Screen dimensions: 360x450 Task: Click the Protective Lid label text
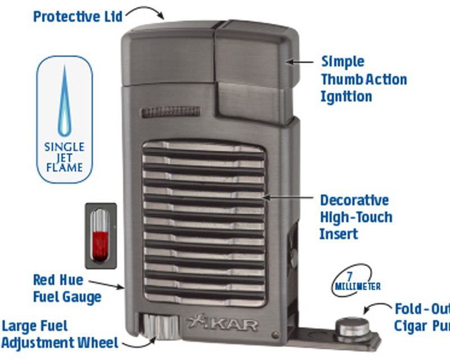pos(78,16)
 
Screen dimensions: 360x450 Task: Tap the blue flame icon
pos(65,101)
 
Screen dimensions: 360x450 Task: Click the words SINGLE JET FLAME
pos(64,157)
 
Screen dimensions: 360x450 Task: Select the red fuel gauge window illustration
pos(101,236)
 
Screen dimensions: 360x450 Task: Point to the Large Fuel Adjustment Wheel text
pos(59,334)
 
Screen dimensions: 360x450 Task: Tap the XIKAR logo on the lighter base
pos(223,325)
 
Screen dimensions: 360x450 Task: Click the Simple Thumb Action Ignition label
pos(363,79)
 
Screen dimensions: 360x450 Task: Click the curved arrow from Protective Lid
pos(145,11)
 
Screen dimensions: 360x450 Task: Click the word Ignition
pos(346,97)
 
